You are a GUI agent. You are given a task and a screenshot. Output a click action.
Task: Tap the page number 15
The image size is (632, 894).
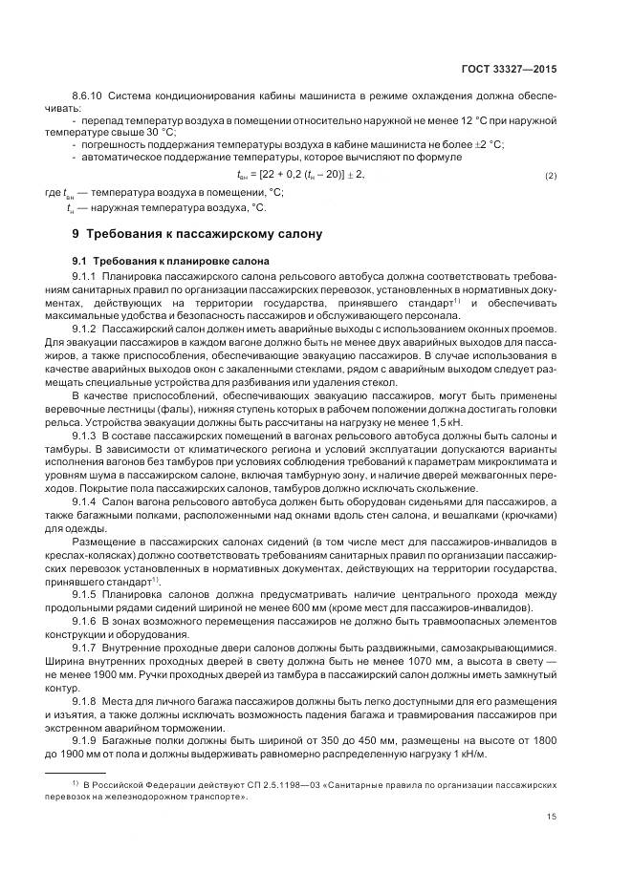coord(552,816)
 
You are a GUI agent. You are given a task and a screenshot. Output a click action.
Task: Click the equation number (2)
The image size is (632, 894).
coord(551,177)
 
